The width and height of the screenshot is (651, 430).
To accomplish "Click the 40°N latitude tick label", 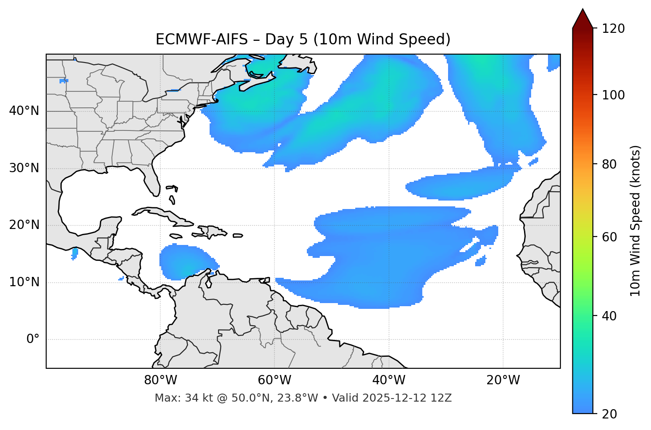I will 24,111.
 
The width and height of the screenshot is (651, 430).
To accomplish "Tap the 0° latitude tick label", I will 33,339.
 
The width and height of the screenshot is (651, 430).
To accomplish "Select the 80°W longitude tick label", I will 160,380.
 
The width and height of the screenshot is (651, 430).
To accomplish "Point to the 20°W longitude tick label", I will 503,380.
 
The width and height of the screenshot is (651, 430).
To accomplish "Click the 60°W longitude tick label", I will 274,380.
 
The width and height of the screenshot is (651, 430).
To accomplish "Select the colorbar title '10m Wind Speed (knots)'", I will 635,221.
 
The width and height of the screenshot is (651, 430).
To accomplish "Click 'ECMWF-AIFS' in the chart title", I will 202,39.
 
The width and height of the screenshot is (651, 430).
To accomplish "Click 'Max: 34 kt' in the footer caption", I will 176,398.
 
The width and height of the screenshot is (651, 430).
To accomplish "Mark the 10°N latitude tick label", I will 24,282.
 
